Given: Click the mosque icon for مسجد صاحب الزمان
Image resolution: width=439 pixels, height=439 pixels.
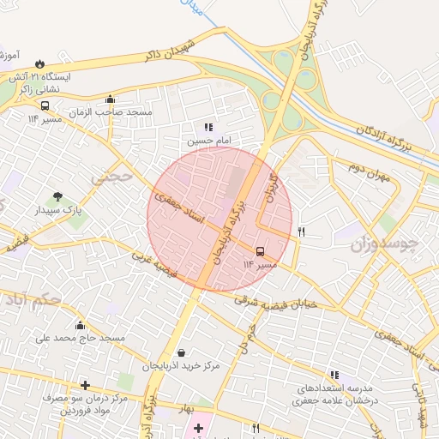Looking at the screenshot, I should pos(110,99).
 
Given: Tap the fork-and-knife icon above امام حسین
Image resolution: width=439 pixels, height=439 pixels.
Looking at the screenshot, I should pos(208,127).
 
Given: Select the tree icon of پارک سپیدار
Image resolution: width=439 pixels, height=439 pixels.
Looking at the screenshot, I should pos(58,196).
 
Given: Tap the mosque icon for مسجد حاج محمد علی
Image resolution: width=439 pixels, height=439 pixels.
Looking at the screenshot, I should pos(80,325).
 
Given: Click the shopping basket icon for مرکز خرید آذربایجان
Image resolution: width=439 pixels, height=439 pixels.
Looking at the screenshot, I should pos(181,352).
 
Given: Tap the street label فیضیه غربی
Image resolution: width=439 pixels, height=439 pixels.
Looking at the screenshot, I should pos(154,268).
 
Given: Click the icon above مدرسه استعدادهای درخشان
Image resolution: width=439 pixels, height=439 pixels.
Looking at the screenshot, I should pos(334,375).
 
